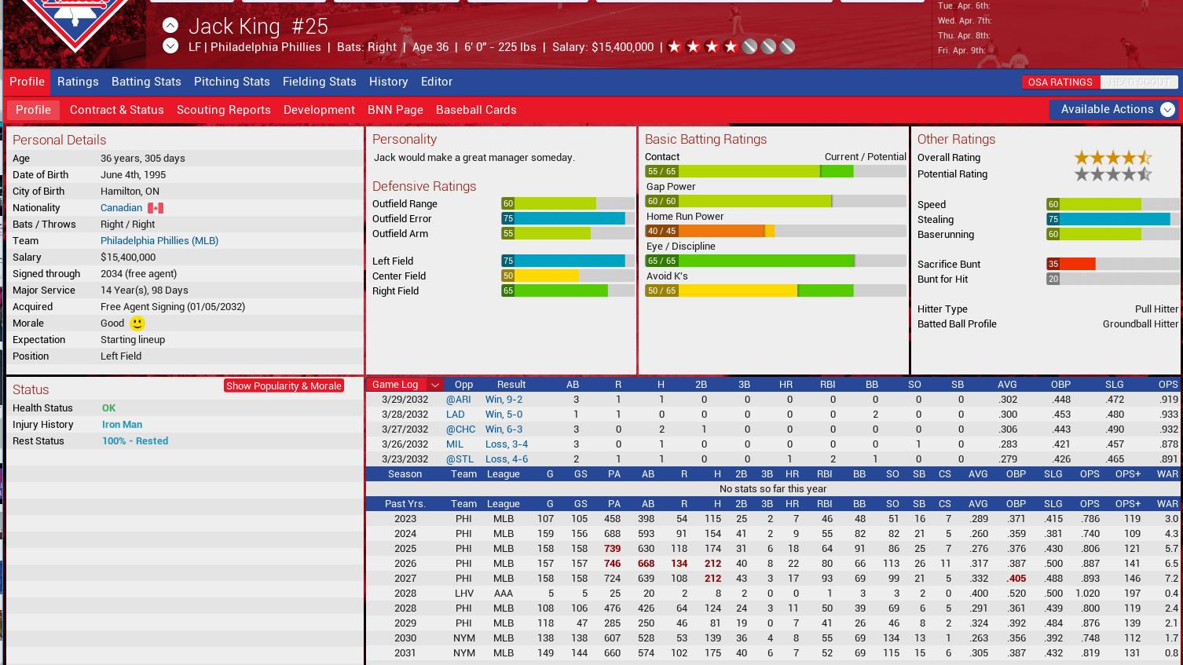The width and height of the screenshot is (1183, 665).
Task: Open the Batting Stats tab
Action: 146,82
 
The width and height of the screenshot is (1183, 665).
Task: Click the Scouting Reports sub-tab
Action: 223,110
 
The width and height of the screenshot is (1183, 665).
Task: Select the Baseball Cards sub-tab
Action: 476,110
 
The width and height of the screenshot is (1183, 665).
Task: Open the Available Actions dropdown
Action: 1113,110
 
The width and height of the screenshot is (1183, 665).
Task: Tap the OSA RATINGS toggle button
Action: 1060,82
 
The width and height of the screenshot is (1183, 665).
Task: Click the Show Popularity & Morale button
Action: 284,385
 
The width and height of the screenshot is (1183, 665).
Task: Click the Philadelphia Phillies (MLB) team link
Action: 159,241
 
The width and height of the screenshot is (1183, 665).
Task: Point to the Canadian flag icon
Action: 156,208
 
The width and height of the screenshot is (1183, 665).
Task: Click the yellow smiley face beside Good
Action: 137,323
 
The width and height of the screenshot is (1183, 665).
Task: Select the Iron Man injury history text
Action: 122,425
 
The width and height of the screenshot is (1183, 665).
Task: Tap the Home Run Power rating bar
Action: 775,231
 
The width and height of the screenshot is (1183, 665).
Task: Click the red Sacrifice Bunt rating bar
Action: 1071,265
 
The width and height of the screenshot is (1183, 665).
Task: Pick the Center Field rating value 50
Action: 508,276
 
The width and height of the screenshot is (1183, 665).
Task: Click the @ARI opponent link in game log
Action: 459,400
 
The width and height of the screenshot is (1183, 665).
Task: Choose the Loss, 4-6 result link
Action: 506,459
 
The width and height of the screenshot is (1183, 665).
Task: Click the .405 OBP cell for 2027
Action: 1016,579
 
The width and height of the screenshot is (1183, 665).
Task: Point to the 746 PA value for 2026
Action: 612,564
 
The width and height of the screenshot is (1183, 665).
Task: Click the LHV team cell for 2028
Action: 463,594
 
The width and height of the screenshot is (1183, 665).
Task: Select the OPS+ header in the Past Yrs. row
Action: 1127,504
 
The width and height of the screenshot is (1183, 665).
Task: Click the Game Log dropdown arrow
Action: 435,385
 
